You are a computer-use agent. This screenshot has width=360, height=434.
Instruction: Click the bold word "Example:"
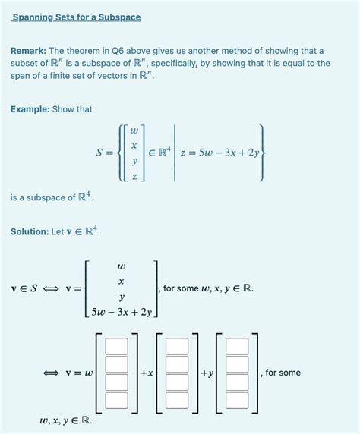30,109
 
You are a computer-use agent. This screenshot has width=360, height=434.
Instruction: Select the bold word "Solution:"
30,231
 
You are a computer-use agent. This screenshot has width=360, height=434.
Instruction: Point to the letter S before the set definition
99,153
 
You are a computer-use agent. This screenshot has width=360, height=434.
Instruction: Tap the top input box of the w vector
116,346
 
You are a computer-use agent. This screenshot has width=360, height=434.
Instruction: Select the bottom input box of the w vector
116,400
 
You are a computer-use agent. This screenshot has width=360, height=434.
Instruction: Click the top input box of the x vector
177,346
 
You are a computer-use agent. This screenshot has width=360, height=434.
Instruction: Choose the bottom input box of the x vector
177,400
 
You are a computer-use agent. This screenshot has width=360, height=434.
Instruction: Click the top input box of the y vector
237,346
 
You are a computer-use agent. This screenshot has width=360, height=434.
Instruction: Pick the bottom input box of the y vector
237,400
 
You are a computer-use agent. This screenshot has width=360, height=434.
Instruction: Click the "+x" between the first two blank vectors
147,373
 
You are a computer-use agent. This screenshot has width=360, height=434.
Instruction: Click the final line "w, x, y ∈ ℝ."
65,419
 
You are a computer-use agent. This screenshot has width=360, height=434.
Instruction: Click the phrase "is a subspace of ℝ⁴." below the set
53,198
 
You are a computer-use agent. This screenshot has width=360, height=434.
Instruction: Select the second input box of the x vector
177,364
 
